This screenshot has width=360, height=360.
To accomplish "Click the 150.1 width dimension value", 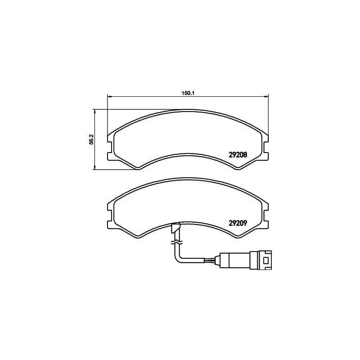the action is coord(188,93).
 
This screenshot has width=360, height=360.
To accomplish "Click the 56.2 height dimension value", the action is coord(92,139).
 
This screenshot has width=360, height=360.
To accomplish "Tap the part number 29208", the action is coord(238,155).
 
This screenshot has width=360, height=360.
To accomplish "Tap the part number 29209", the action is coord(238,223).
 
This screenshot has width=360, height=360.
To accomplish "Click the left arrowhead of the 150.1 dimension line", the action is coord(109,96).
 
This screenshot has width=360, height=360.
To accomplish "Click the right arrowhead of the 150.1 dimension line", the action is coord(266,96).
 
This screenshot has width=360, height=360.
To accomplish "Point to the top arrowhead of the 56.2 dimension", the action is coord(94,111).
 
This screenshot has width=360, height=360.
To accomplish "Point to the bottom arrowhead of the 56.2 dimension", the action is coord(94,167).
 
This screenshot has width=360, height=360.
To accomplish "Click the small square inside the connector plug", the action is coord(266,261).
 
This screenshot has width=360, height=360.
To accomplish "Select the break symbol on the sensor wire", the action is coord(176,242).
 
